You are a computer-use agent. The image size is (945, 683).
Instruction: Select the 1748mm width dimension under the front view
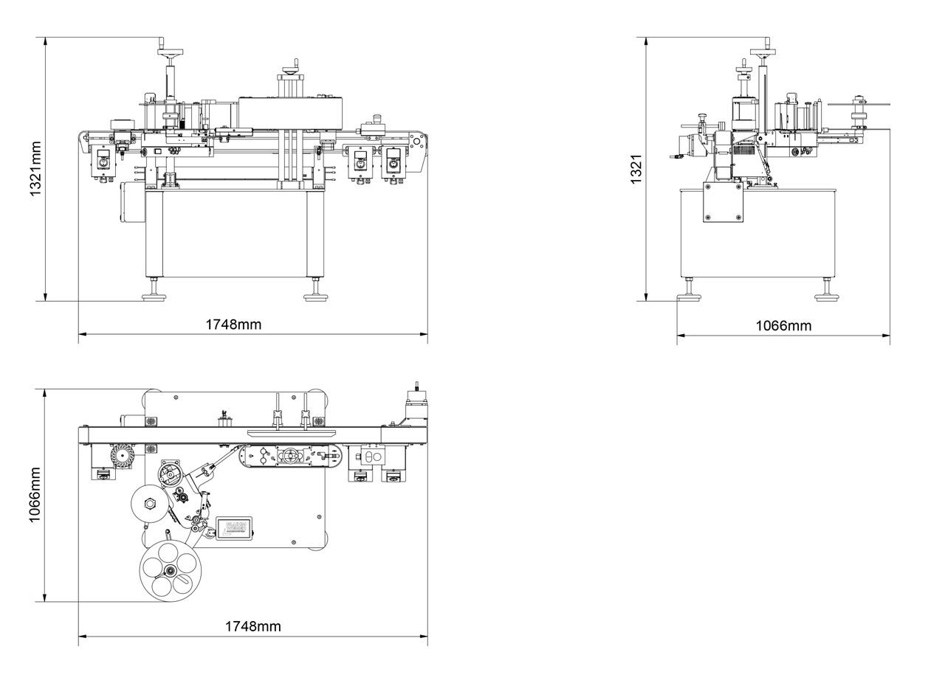coord(233,324)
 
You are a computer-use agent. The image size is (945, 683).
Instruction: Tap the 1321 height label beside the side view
coord(636,170)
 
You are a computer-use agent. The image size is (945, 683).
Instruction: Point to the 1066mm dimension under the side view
coord(783,325)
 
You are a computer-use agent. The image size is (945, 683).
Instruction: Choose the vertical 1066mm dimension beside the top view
coord(35,495)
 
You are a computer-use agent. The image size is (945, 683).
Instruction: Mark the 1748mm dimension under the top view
coord(252,626)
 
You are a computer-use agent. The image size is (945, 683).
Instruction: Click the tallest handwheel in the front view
coord(171,51)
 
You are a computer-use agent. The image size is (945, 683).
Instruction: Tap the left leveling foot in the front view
coord(154,297)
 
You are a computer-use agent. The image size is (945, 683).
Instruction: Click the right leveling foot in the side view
coord(826,297)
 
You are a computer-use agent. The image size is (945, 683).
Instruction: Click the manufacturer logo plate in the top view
coord(234,527)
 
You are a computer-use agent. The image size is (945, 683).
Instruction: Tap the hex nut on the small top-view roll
coord(151,504)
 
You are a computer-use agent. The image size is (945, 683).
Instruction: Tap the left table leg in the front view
coord(154,232)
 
